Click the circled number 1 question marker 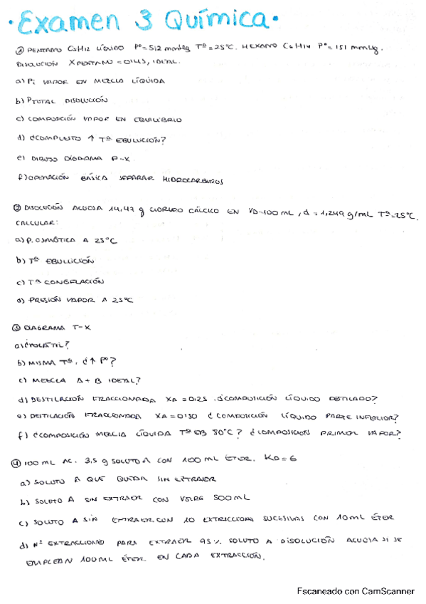point(19,49)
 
